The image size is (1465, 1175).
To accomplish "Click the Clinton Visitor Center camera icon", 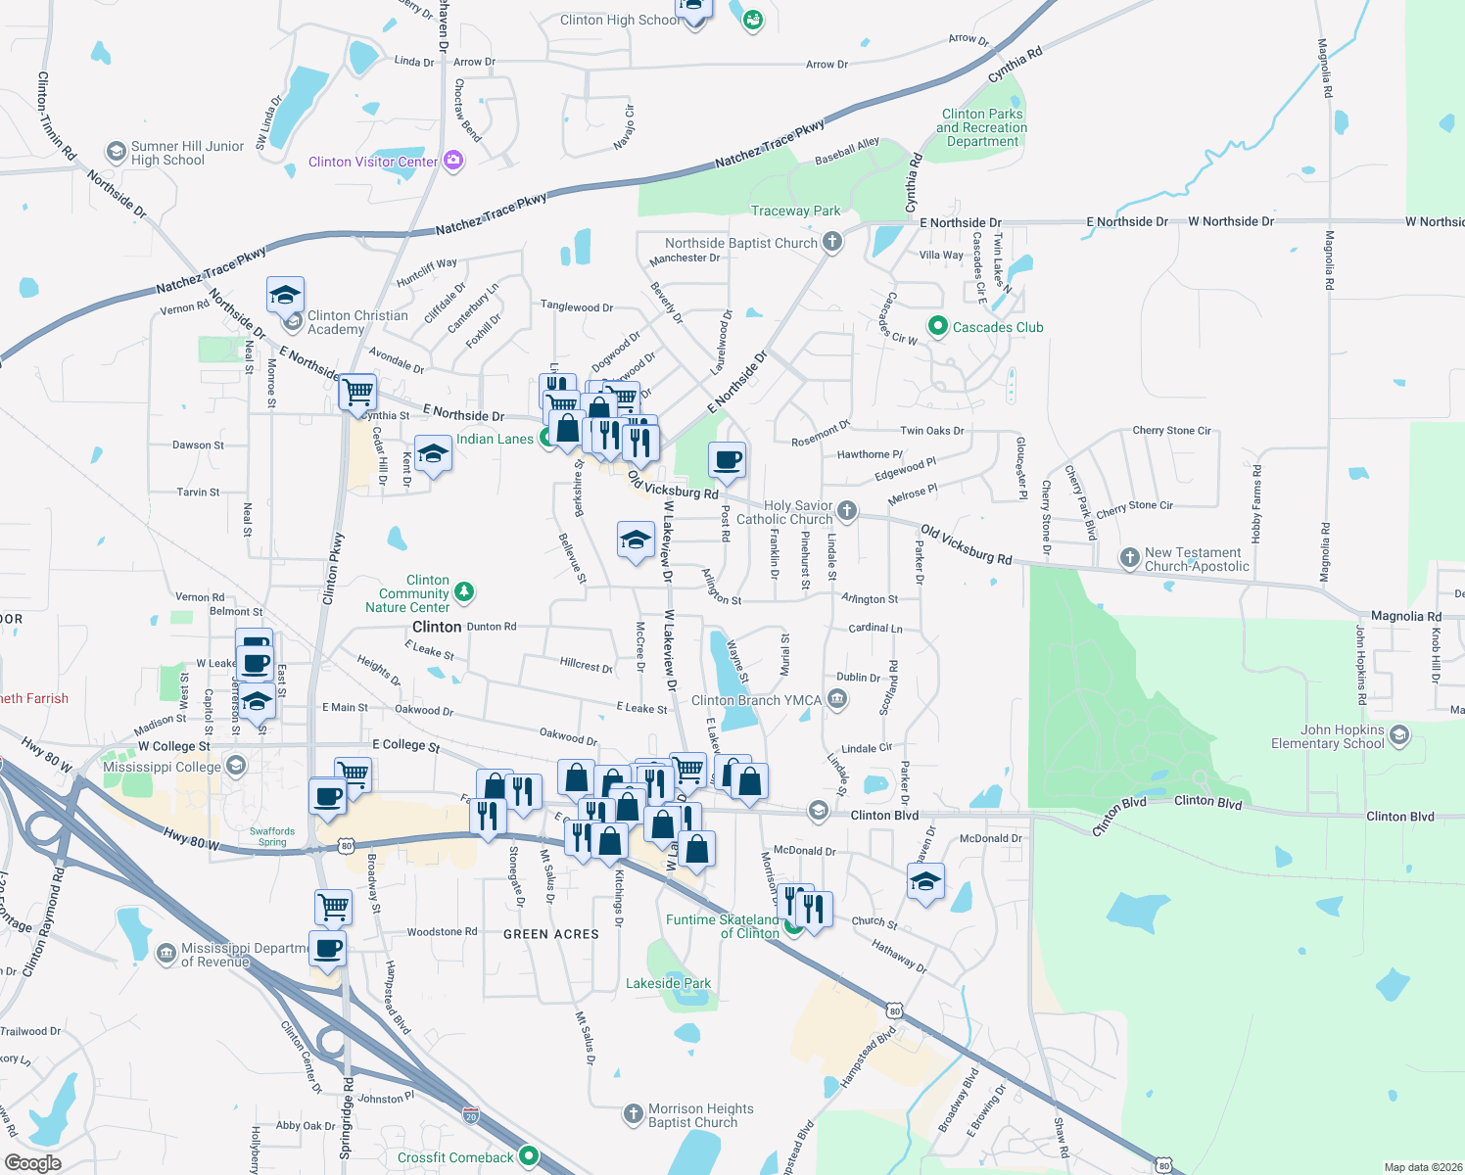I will tap(452, 161).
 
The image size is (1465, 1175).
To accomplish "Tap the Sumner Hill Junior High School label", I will tap(187, 153).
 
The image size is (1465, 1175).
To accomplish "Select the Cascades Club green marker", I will tap(937, 326).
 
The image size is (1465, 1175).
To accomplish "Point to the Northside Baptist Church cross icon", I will tap(831, 242).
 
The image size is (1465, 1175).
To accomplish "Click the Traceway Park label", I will tap(795, 211).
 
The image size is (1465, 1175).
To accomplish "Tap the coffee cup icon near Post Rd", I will tap(727, 460).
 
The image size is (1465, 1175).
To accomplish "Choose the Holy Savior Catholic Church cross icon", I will tap(847, 510).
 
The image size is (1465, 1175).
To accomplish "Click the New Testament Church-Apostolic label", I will tap(1197, 559).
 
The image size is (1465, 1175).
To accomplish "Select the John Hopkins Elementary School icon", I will tap(1398, 734).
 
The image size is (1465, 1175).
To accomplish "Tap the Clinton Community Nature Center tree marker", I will tap(464, 591).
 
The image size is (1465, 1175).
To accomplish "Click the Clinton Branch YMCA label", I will tap(756, 700).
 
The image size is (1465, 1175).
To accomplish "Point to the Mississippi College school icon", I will tap(235, 765).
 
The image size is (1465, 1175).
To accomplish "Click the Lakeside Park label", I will tap(668, 983).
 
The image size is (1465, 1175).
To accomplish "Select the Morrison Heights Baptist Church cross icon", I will tap(633, 1113).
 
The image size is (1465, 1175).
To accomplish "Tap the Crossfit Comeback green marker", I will tap(529, 1156).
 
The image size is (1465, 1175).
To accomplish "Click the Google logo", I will tap(32, 1162).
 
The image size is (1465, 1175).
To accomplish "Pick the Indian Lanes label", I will tap(495, 439).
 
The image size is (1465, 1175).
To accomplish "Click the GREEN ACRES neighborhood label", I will tap(550, 934).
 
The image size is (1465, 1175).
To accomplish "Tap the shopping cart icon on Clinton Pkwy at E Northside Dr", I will tap(357, 392).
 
